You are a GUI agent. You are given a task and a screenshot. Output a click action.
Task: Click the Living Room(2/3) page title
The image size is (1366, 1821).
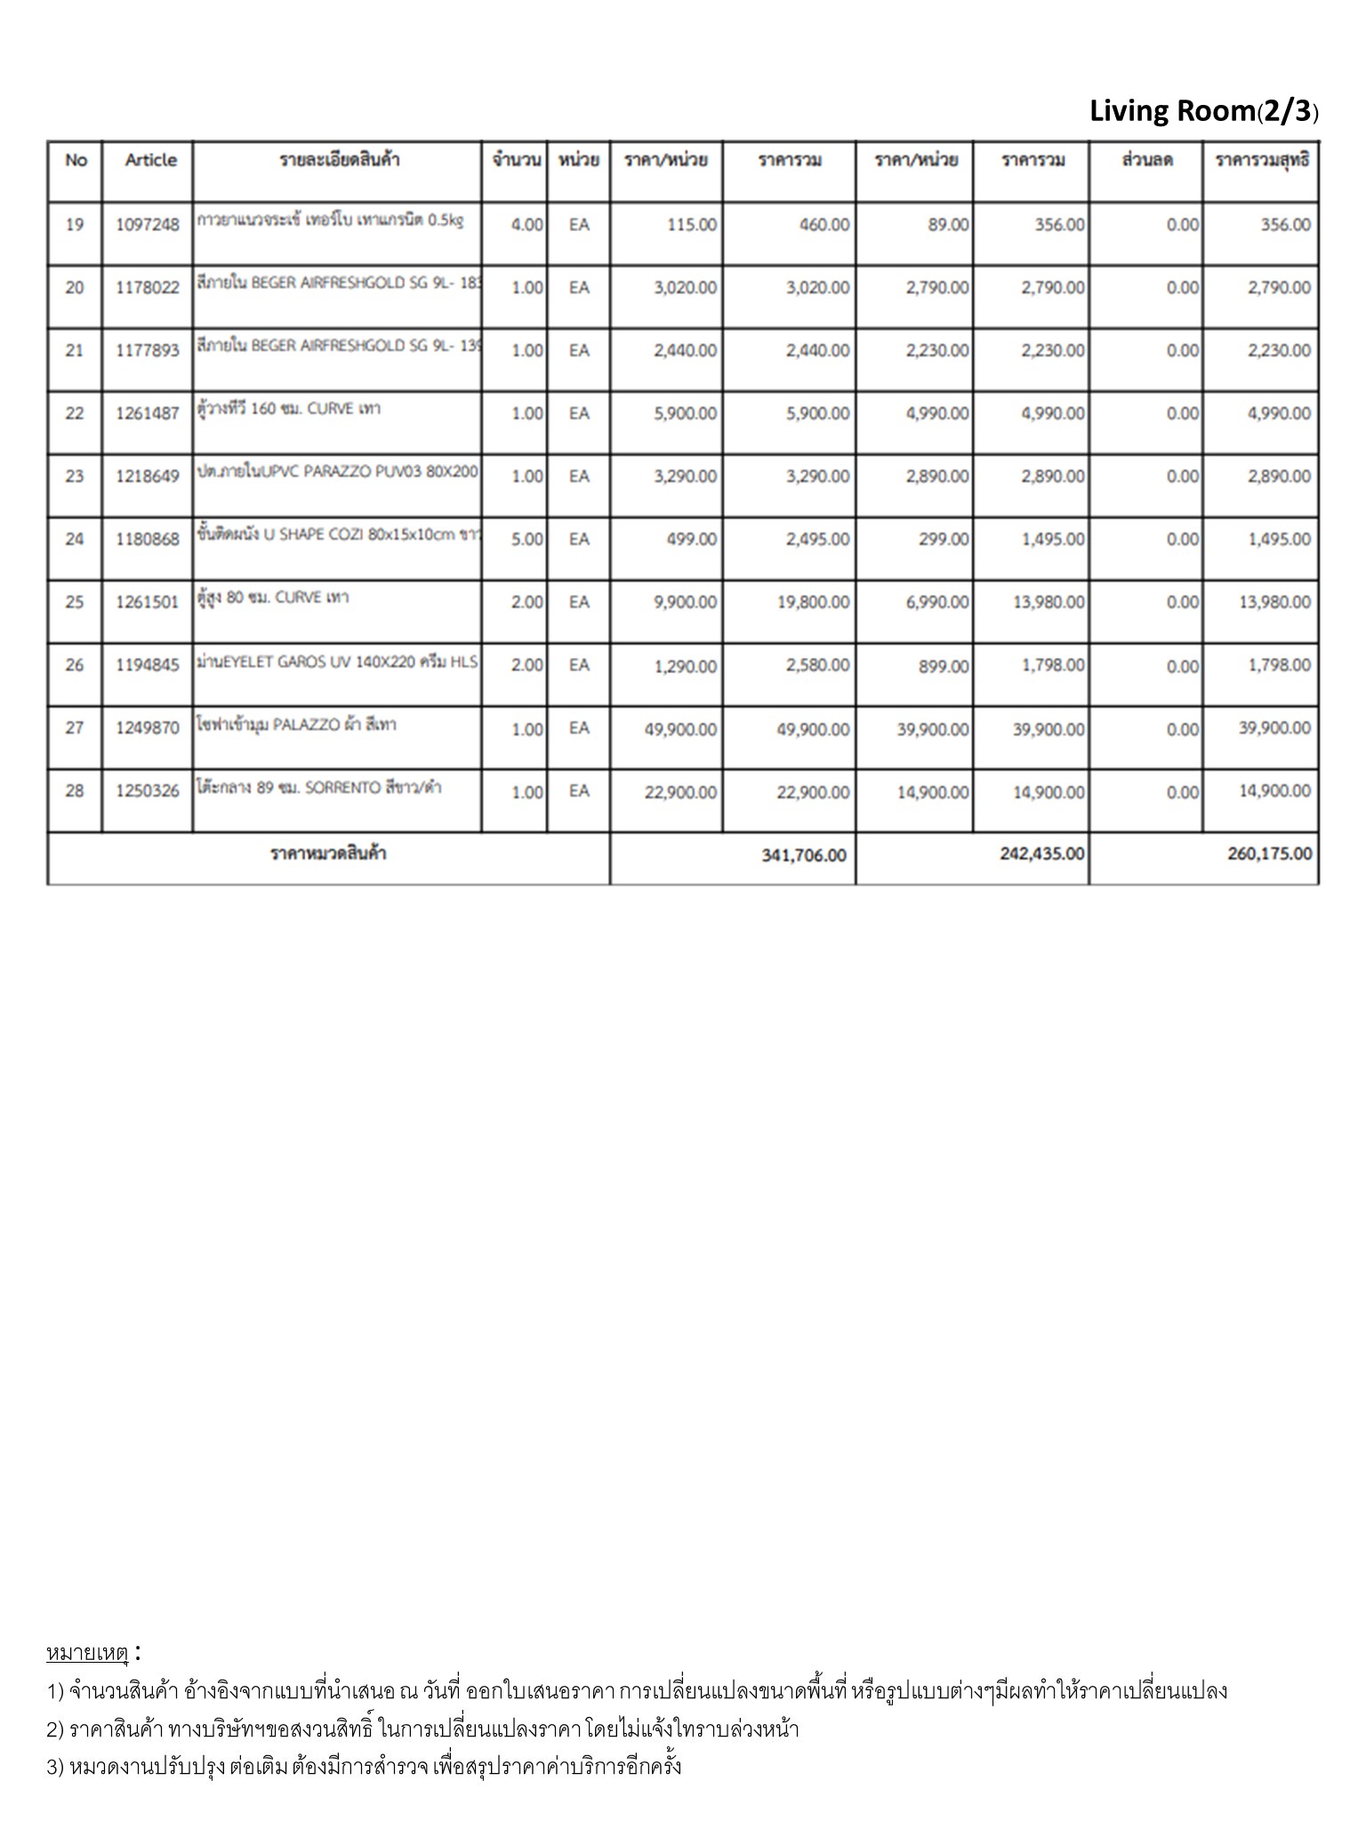[x=1203, y=112]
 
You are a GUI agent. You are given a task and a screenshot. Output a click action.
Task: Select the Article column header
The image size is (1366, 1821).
[x=150, y=161]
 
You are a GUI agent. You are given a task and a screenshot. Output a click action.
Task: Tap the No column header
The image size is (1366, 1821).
[x=76, y=161]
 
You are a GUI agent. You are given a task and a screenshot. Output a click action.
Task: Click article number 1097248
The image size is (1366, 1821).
[x=148, y=225]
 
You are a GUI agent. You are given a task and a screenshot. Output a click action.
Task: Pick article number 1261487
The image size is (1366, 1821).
[x=148, y=413]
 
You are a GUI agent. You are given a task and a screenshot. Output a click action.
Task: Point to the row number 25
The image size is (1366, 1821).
[x=75, y=603]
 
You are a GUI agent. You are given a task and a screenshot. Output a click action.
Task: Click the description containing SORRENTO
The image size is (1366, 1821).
[x=319, y=788]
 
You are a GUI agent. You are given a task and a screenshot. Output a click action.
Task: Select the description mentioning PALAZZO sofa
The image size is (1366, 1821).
[x=297, y=725]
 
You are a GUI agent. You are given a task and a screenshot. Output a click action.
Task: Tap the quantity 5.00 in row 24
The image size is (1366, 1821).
[x=526, y=540]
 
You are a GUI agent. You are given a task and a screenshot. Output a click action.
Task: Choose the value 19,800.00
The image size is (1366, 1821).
[x=813, y=603]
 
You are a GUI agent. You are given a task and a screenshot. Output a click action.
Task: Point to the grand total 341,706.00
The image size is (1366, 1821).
[x=803, y=855]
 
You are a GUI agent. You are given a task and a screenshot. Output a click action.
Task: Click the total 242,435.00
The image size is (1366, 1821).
[x=1041, y=854]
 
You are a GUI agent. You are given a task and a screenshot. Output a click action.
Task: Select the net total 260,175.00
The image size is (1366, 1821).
[x=1269, y=854]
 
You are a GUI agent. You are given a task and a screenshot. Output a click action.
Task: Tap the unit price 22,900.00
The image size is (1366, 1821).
[x=680, y=792]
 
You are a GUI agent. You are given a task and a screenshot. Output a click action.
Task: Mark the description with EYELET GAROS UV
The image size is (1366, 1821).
[x=337, y=662]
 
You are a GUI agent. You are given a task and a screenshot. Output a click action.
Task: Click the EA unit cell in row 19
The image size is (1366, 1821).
[x=579, y=225]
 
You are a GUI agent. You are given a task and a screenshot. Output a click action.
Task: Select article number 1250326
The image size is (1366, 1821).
[x=148, y=791]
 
